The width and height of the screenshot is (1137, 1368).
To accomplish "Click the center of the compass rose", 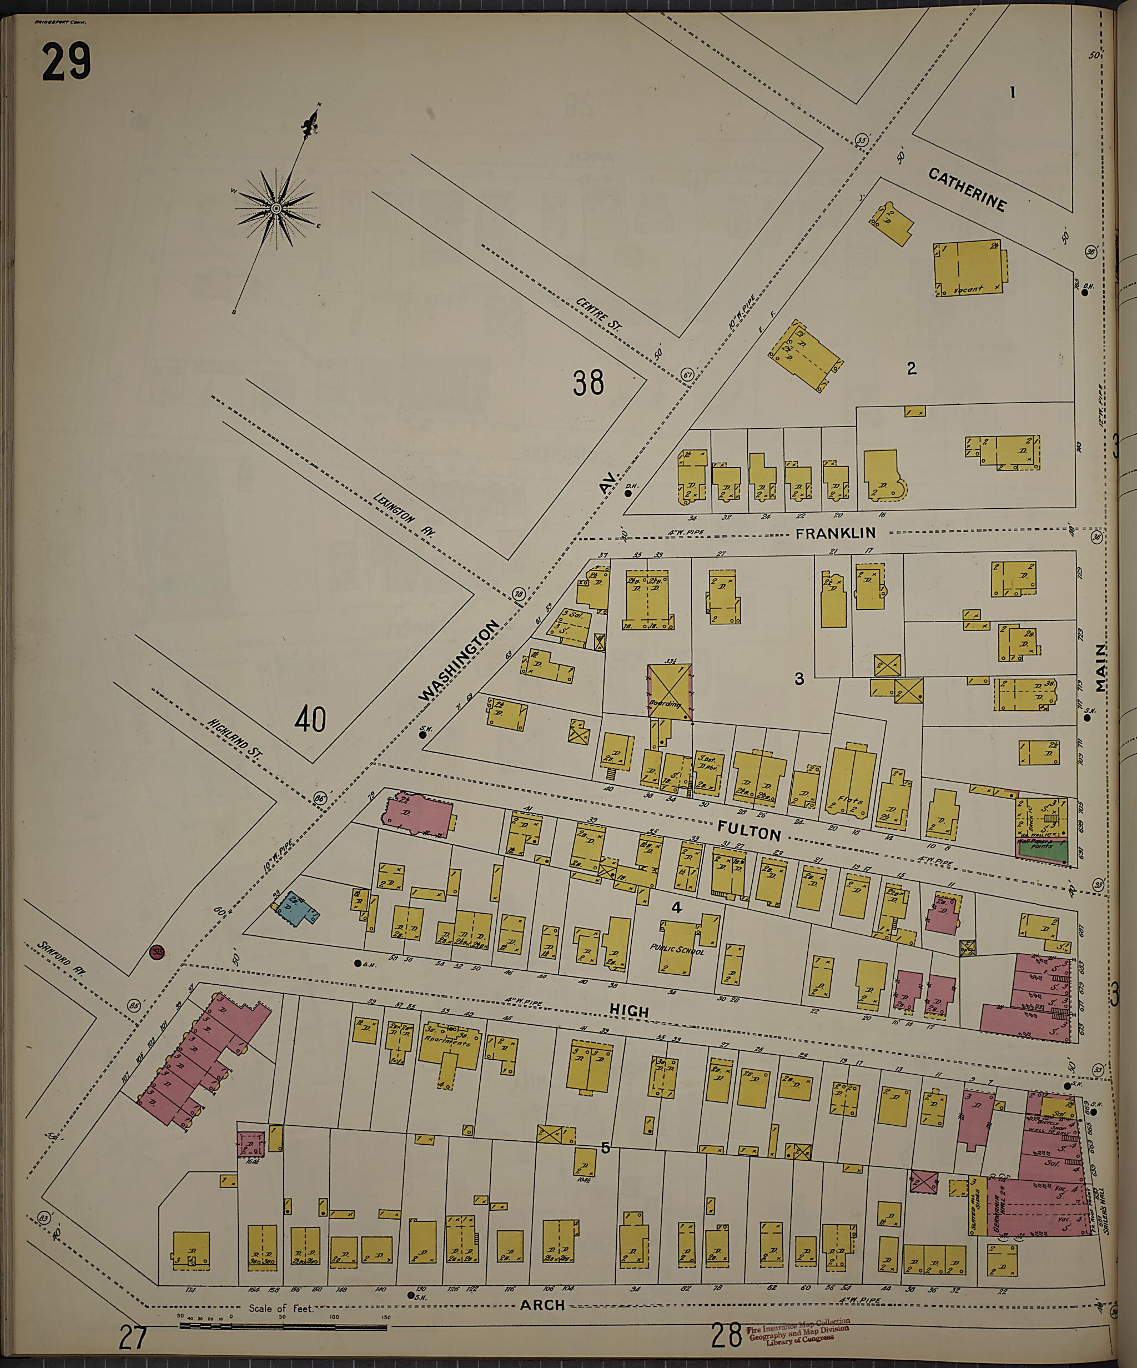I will point(275,208).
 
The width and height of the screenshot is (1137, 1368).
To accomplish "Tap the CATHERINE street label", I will point(967,189).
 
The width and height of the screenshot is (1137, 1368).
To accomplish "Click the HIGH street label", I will point(629,1011).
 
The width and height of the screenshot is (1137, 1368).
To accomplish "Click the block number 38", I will point(588,383).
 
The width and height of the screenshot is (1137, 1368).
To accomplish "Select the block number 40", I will point(310,720).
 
